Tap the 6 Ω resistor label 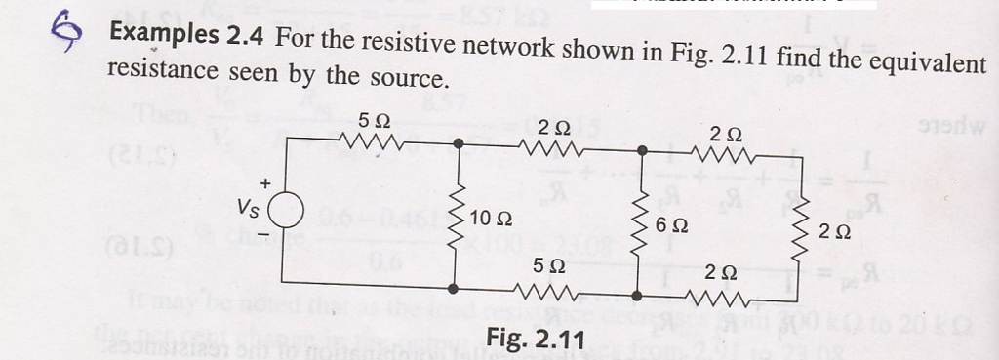pos(672,224)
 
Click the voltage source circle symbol pos(286,211)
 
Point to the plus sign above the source pos(263,182)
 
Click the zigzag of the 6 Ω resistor pos(641,222)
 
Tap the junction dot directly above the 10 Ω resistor pos(458,144)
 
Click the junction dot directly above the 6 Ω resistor pos(641,151)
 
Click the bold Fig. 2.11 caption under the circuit pos(535,340)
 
